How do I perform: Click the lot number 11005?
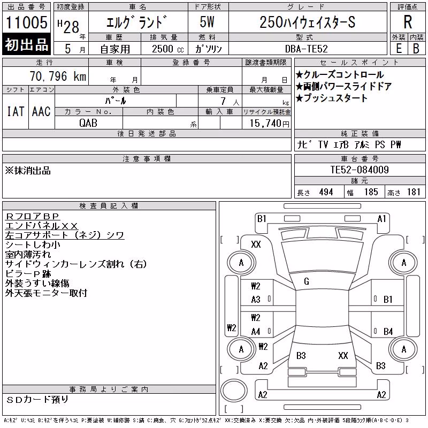(26, 22)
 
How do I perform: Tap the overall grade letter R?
(408, 22)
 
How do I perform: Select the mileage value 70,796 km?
(58, 76)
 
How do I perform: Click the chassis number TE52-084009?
(360, 170)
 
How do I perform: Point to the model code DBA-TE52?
(306, 49)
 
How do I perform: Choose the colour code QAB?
(88, 123)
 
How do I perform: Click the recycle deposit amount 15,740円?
(270, 124)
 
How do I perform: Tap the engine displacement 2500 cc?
(167, 49)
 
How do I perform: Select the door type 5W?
(207, 22)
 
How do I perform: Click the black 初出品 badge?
(26, 44)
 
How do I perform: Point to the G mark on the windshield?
(307, 281)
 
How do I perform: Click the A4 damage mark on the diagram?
(256, 332)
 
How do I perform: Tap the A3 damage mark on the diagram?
(256, 300)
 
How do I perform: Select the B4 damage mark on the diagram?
(388, 332)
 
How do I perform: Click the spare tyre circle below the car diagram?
(234, 389)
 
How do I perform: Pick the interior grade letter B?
(416, 49)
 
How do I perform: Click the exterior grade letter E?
(399, 49)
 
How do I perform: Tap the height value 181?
(414, 192)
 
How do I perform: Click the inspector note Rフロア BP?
(32, 216)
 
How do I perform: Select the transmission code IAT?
(16, 111)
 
